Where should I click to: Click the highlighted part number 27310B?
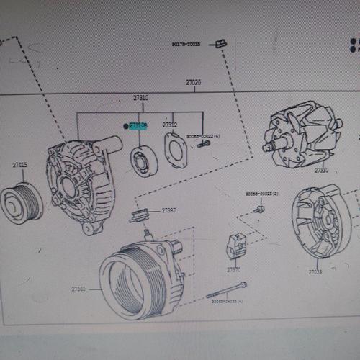pyautogui.click(x=139, y=125)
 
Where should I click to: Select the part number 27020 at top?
pyautogui.click(x=194, y=83)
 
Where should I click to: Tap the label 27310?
pyautogui.click(x=140, y=97)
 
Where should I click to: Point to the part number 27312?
pyautogui.click(x=170, y=125)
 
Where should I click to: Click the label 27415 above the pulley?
pyautogui.click(x=19, y=165)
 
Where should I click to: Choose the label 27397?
pyautogui.click(x=169, y=210)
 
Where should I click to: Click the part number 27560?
pyautogui.click(x=78, y=289)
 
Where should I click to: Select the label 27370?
pyautogui.click(x=233, y=269)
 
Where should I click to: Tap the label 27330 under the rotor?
pyautogui.click(x=320, y=171)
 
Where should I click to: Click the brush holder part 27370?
pyautogui.click(x=235, y=246)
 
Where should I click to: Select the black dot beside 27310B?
pyautogui.click(x=126, y=125)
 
